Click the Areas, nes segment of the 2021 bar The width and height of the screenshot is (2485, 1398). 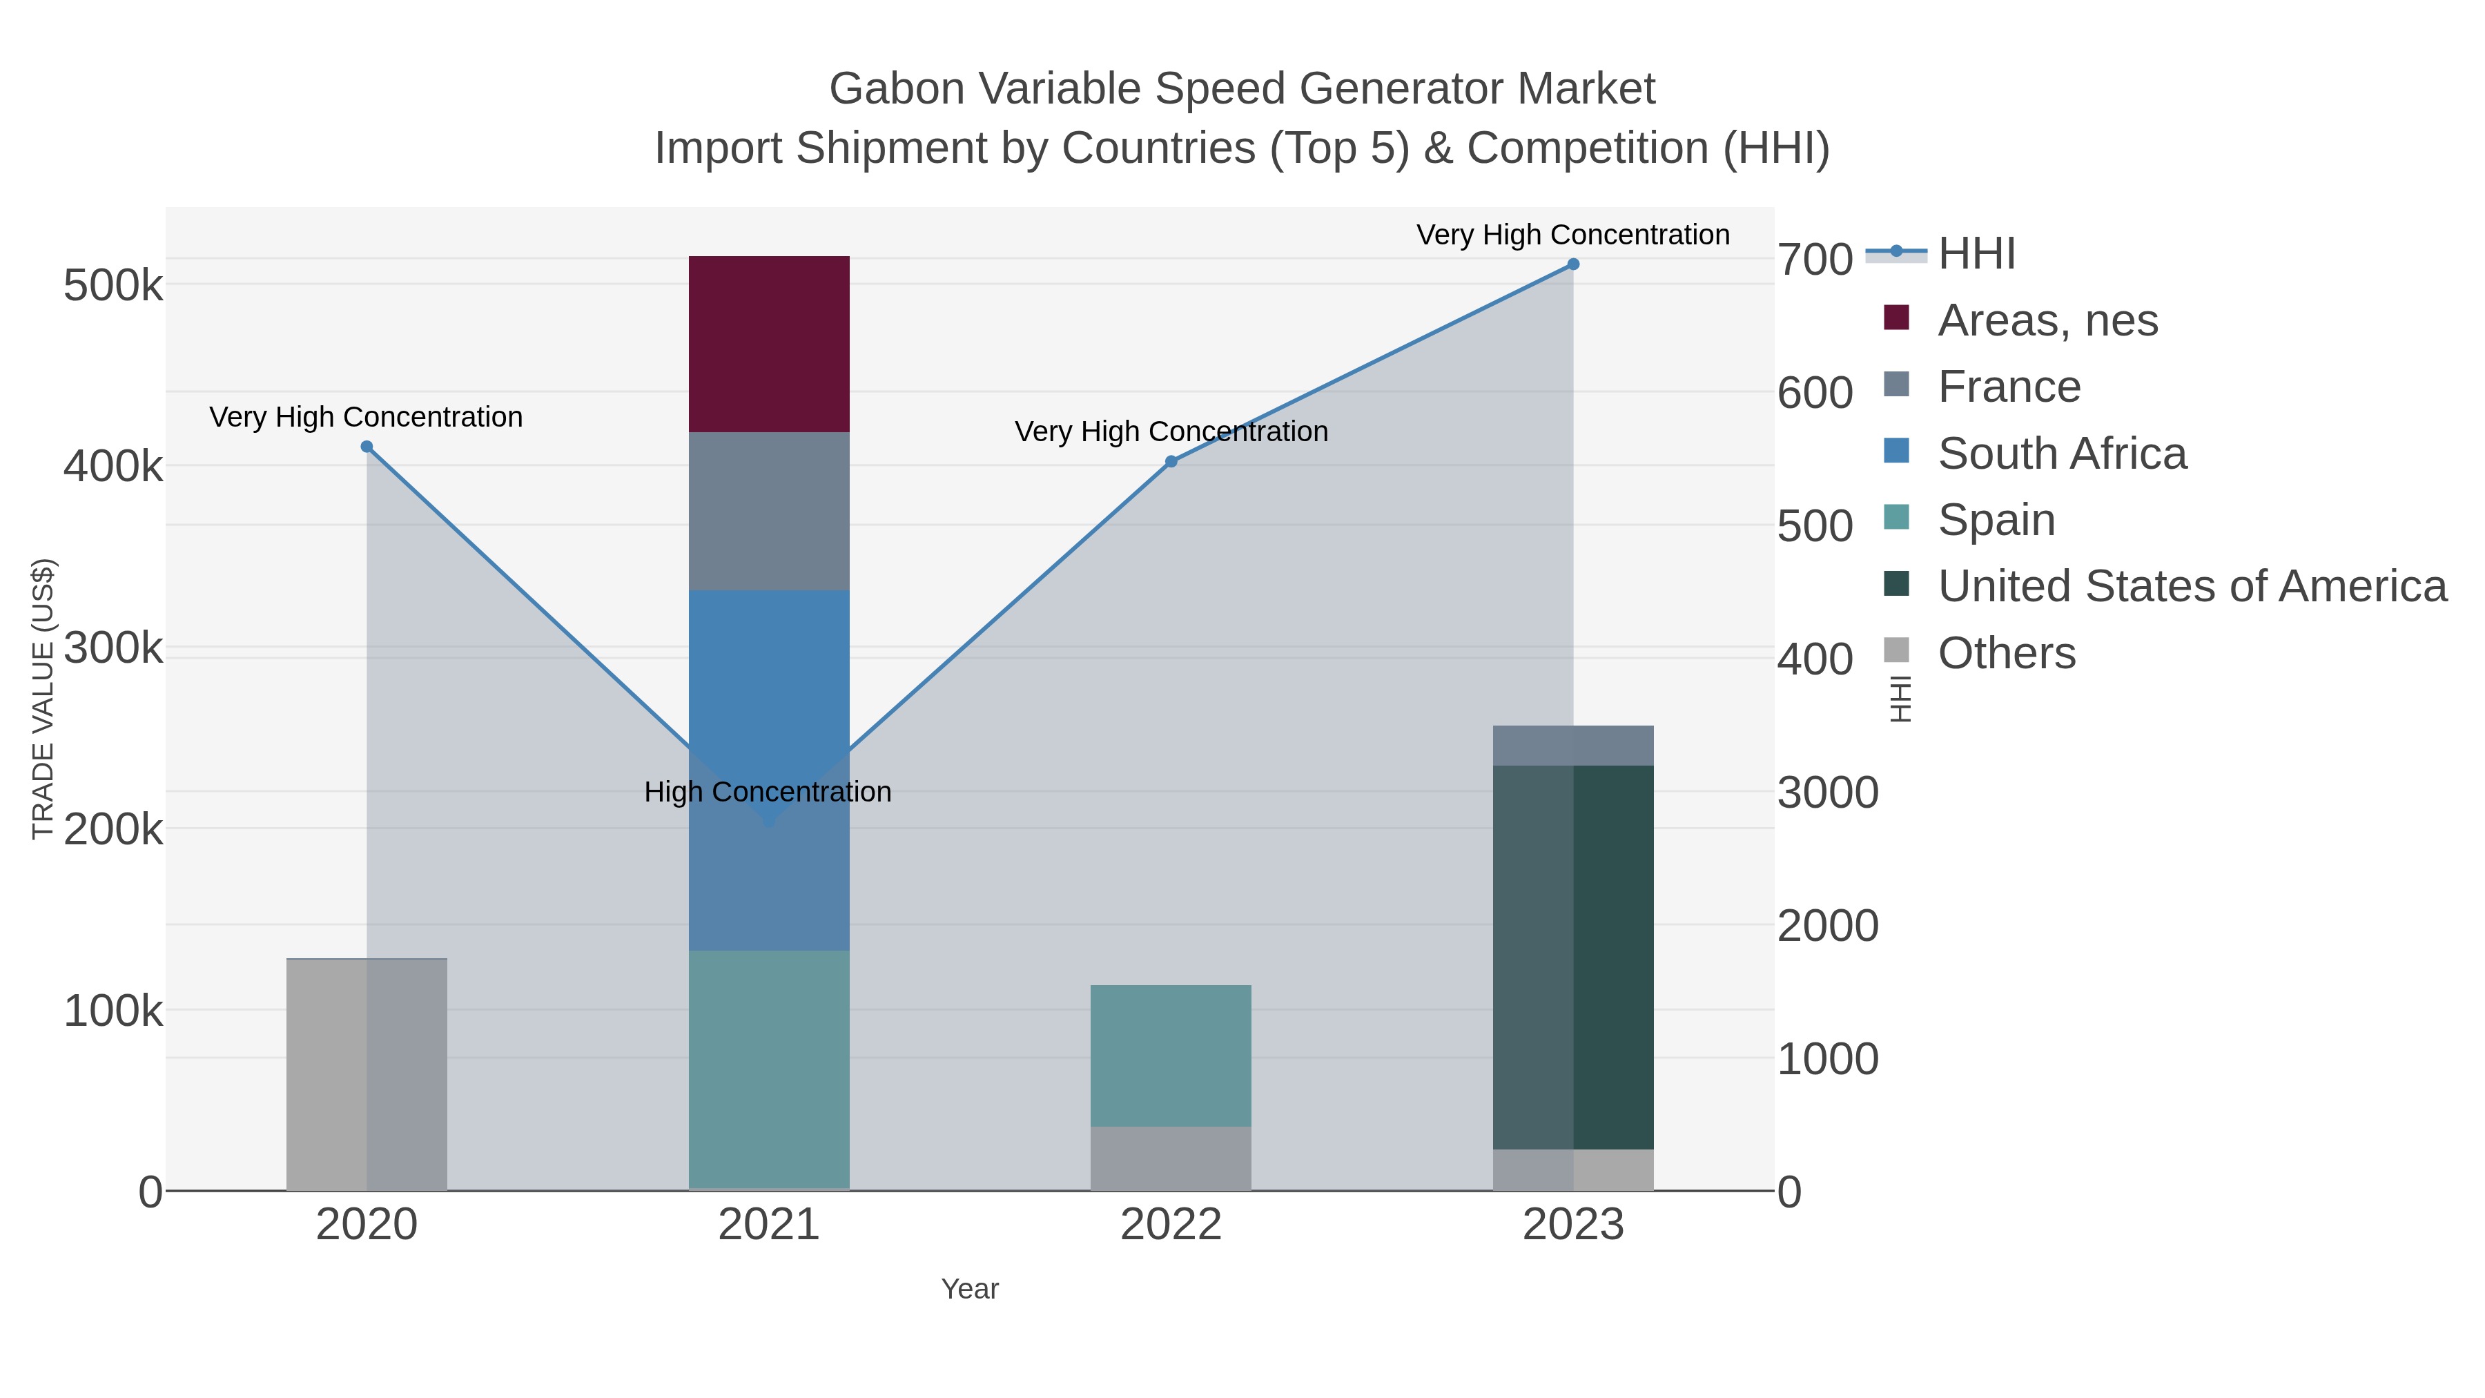(x=769, y=344)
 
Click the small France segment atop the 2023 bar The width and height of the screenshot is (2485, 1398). (x=1572, y=745)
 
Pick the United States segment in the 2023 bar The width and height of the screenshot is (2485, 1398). (x=1572, y=956)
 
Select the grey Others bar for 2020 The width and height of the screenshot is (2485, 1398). (x=367, y=1074)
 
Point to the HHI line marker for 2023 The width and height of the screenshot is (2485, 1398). (x=1572, y=264)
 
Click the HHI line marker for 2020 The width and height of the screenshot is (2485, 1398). (x=367, y=447)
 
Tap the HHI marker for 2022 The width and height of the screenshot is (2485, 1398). (x=1170, y=462)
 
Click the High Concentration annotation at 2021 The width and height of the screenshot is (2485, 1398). (x=768, y=792)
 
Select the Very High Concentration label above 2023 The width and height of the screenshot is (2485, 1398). (x=1572, y=235)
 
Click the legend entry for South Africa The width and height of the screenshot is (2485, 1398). (x=2061, y=454)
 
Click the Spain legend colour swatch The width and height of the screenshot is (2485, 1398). (x=1896, y=517)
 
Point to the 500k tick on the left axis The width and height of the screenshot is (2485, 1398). (x=113, y=286)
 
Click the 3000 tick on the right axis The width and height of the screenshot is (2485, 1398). (x=1827, y=793)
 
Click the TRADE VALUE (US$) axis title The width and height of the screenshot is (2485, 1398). (x=43, y=699)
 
